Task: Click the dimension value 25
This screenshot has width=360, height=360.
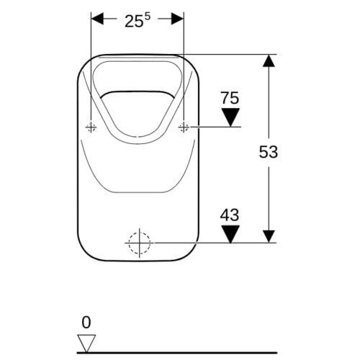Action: (134, 22)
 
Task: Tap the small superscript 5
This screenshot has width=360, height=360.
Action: (147, 17)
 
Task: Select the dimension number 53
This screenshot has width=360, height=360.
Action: (269, 152)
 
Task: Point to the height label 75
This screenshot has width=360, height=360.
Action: (230, 98)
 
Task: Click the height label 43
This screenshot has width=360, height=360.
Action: (230, 215)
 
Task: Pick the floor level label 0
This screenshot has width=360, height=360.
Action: (86, 323)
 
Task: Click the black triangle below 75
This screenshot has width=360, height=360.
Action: (230, 117)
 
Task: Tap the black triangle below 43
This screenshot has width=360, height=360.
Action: (230, 234)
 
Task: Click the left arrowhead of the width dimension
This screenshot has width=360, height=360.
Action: (97, 19)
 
